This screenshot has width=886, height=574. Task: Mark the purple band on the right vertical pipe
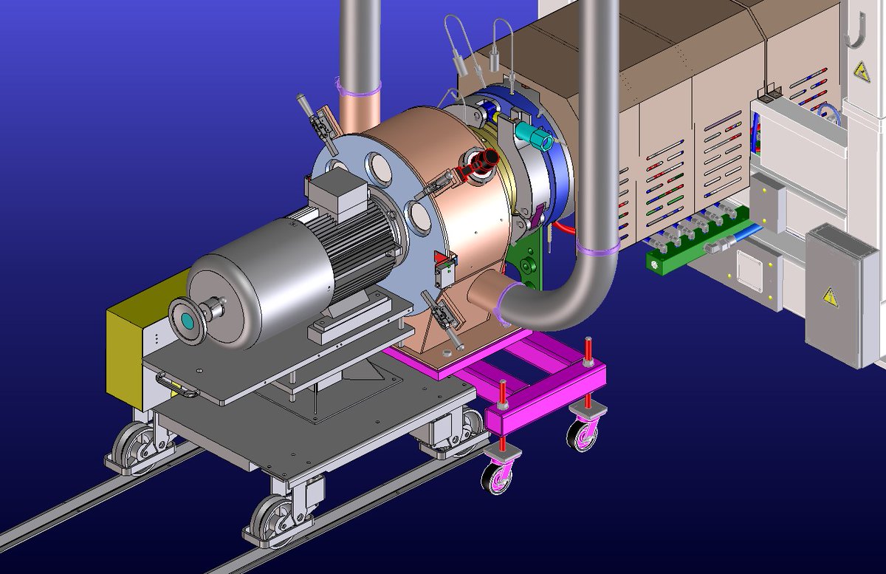pos(599,249)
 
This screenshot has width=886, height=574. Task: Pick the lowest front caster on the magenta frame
pos(497,477)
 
